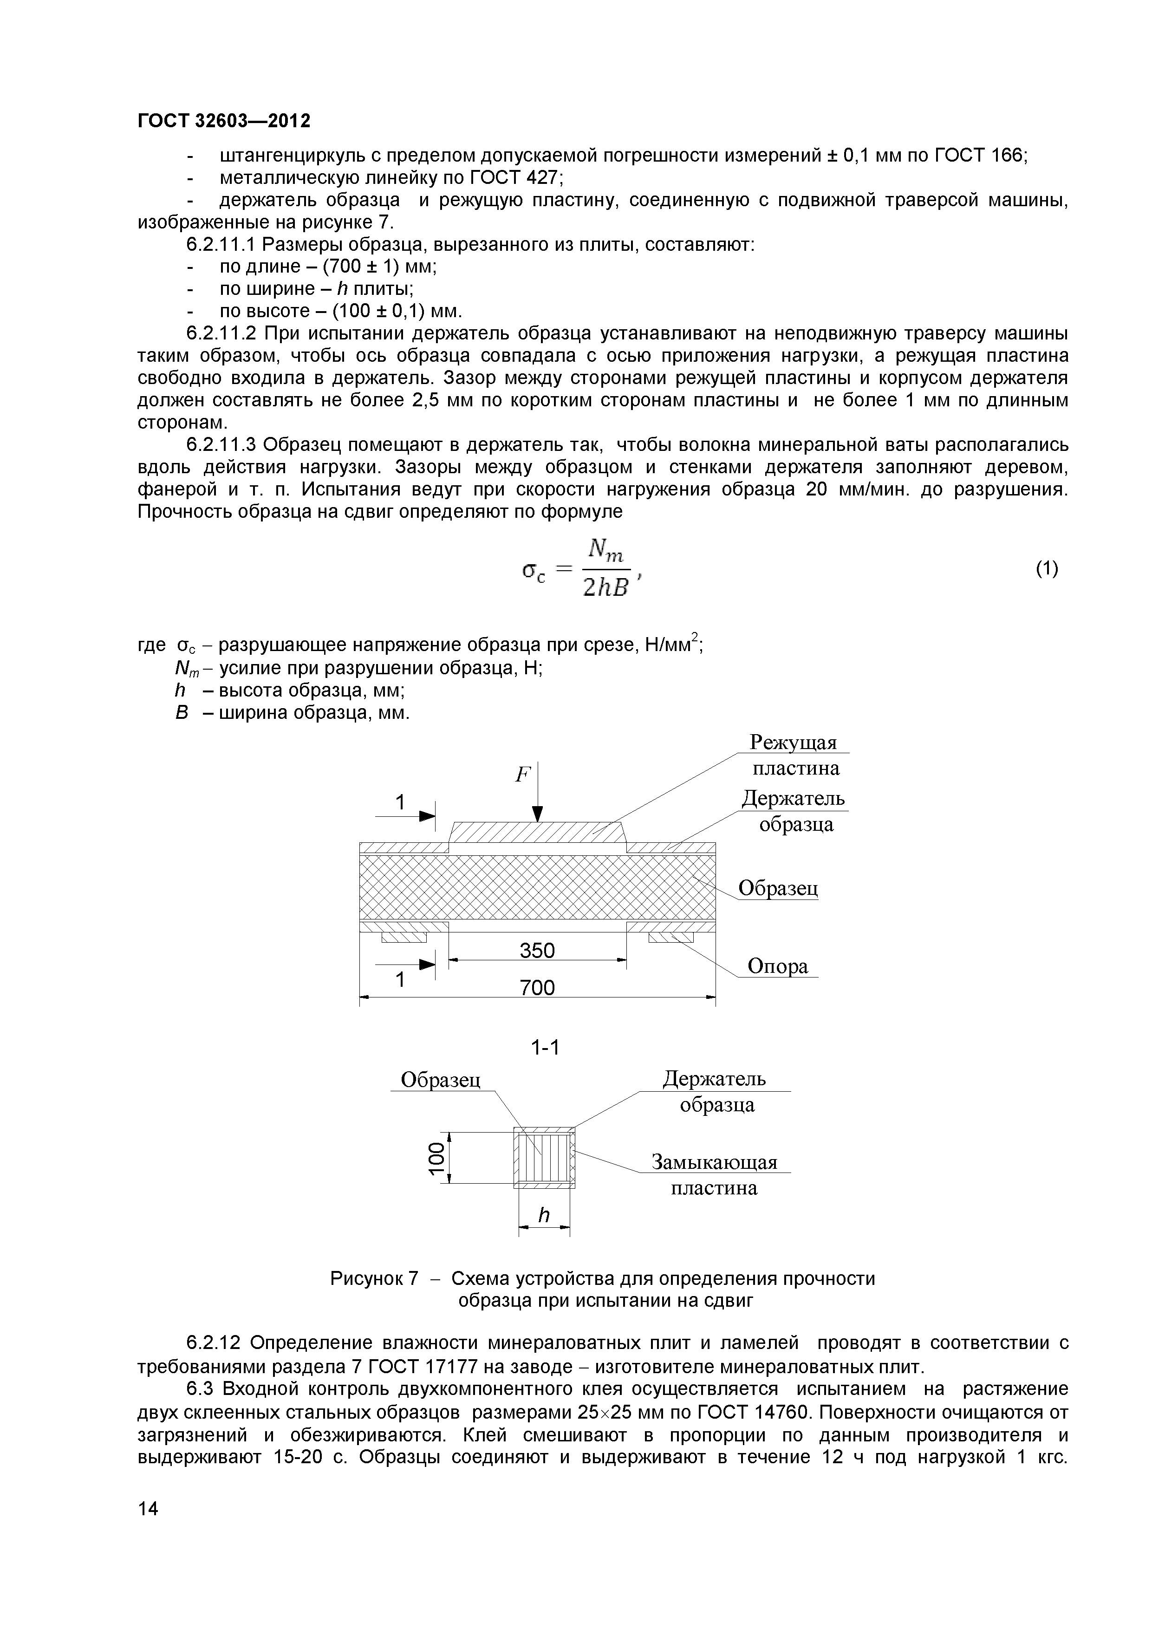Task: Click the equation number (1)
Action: click(1047, 568)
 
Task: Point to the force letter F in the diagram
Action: click(523, 775)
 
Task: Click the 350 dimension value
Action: click(537, 950)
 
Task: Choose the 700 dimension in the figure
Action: click(537, 987)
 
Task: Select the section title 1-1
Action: click(545, 1047)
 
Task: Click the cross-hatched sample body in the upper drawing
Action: click(537, 887)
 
